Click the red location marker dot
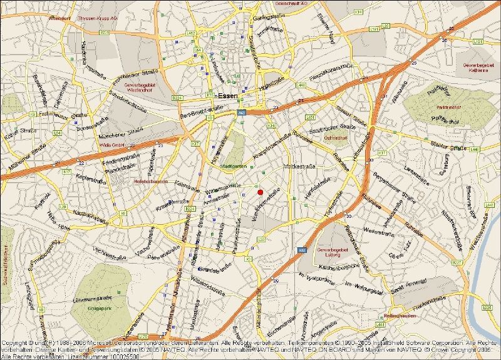point(260,192)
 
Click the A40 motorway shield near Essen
point(240,113)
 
